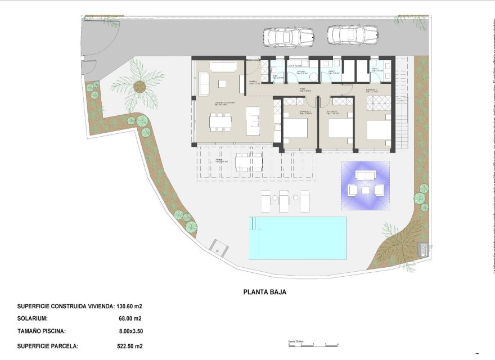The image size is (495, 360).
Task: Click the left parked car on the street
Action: point(288,38)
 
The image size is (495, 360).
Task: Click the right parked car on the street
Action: point(352,35)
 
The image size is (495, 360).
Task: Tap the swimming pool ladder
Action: point(254,224)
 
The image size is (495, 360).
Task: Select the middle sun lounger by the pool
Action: point(285,200)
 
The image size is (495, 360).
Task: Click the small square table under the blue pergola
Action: point(365,190)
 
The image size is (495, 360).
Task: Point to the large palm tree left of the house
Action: point(138,87)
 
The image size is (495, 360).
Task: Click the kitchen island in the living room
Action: point(253,120)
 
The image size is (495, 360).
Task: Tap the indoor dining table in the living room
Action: point(220,122)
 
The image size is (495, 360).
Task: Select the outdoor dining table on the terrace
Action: point(249,162)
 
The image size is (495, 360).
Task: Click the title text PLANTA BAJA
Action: point(265,292)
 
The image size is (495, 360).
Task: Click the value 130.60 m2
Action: point(129,307)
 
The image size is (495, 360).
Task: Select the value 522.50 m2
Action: point(129,346)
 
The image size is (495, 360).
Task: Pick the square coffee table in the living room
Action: point(222,84)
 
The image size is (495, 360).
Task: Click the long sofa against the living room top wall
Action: point(223,66)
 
